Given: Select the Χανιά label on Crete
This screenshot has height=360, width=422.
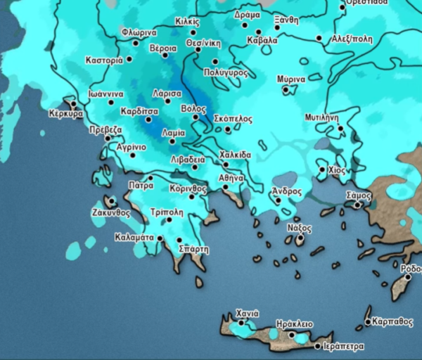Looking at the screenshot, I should (x=248, y=313).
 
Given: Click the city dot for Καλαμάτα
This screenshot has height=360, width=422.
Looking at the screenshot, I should (x=160, y=238).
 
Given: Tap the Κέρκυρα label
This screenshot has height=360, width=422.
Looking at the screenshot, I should (x=66, y=113).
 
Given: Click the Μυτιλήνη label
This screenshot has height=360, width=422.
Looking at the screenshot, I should (x=323, y=117).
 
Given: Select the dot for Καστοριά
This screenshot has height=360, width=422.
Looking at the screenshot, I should (x=129, y=60).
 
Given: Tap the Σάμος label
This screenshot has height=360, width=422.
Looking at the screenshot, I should (x=359, y=194).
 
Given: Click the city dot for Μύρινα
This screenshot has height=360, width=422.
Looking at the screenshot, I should (x=285, y=89).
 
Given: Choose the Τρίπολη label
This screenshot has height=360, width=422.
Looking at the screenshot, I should (x=167, y=211).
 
